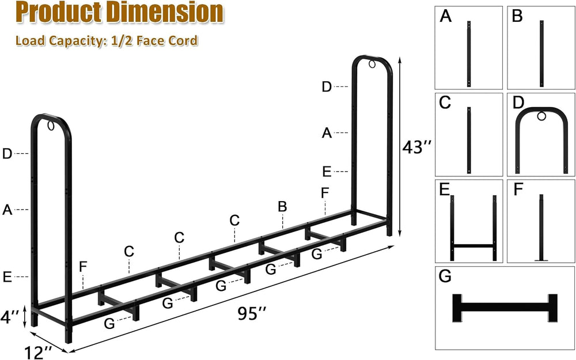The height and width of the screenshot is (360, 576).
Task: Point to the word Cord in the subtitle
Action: click(x=183, y=40)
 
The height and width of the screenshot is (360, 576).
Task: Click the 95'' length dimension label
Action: click(x=252, y=314)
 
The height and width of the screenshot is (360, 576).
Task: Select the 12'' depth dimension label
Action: click(x=38, y=353)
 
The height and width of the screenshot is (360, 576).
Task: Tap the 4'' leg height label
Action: click(x=10, y=317)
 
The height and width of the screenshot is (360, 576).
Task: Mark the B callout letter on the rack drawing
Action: click(x=282, y=207)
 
